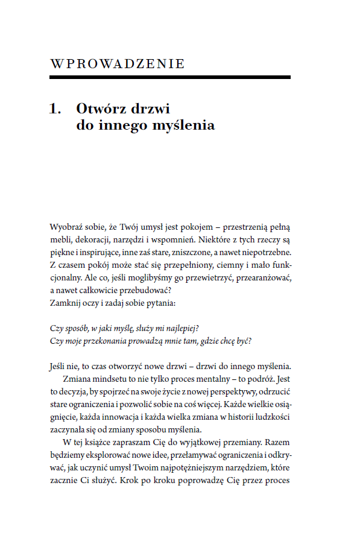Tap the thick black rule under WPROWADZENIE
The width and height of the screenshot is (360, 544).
(170, 77)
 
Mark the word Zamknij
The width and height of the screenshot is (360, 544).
(64, 303)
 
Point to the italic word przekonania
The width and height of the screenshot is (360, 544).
(99, 340)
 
